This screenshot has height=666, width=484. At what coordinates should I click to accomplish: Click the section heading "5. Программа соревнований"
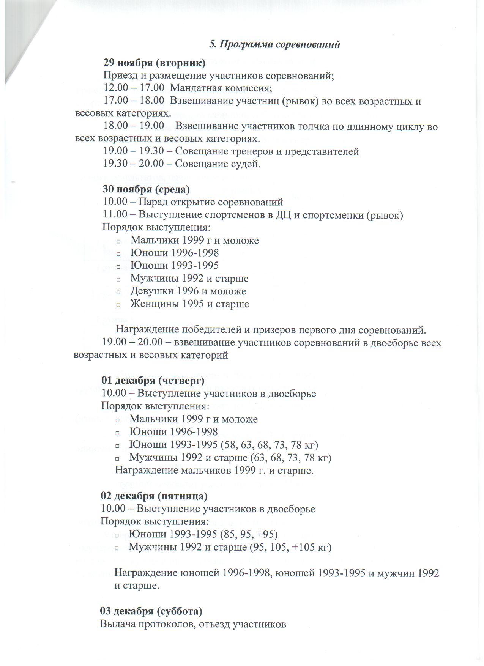click(x=275, y=44)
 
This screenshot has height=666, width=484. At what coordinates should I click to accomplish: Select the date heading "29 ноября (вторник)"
click(x=155, y=63)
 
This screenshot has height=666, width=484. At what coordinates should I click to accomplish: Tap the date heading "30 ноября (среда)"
click(x=146, y=189)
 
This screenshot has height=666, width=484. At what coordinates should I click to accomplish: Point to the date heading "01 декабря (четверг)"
click(x=153, y=380)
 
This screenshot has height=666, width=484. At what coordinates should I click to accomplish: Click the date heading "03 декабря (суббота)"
click(x=151, y=611)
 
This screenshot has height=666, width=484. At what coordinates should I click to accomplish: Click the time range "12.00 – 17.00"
click(x=134, y=88)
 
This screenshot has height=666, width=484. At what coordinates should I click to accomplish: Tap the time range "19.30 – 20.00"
click(x=134, y=164)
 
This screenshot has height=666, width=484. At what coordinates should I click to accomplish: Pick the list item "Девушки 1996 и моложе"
click(x=188, y=291)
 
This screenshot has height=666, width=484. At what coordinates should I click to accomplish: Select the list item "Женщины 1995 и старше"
click(x=189, y=304)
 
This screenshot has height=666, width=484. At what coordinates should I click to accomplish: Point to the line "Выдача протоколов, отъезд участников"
click(x=193, y=624)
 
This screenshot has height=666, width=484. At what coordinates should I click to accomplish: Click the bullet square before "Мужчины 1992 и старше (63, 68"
click(x=117, y=458)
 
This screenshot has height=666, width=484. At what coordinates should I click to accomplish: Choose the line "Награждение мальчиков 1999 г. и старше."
click(x=214, y=471)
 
